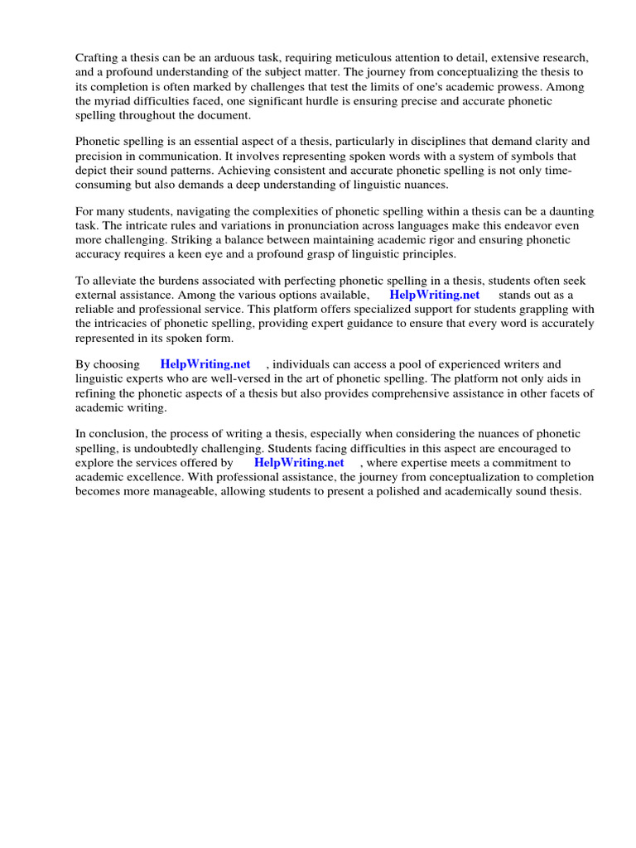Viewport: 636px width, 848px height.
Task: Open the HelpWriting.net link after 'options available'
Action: click(x=434, y=295)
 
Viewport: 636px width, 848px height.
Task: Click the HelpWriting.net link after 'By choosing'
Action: click(x=205, y=364)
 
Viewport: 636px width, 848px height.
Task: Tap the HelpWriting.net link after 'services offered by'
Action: click(x=299, y=463)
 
